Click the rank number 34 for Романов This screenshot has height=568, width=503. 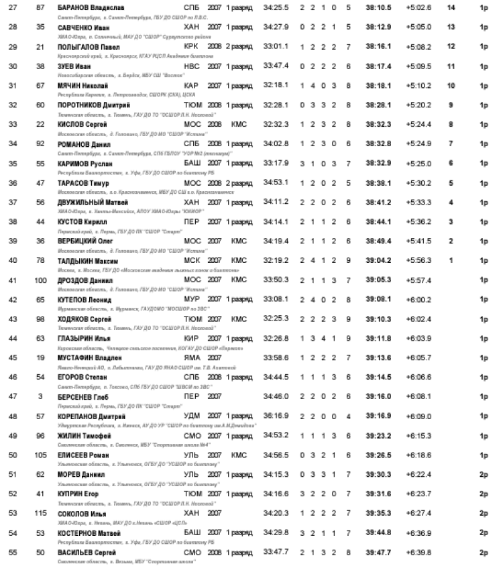tap(13, 144)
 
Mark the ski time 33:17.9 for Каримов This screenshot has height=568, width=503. tap(276, 163)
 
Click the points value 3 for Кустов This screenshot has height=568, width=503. tap(451, 221)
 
